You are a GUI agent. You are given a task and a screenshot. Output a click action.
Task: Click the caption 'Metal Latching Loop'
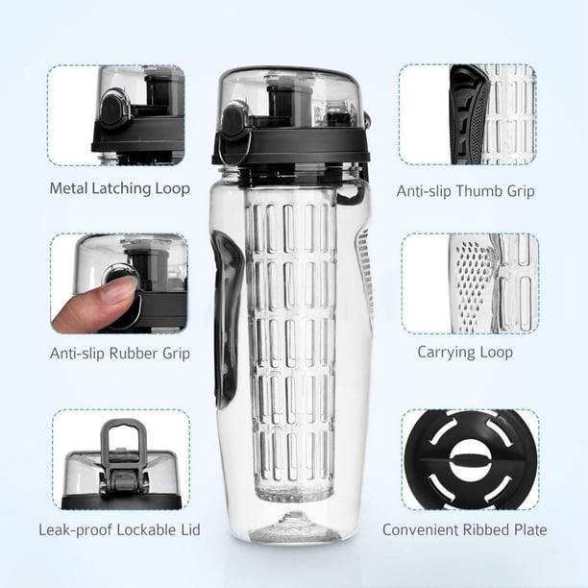click(120, 188)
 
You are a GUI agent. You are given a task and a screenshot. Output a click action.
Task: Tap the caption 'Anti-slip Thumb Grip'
click(465, 191)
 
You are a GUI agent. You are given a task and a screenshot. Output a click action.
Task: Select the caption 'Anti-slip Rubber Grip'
click(120, 354)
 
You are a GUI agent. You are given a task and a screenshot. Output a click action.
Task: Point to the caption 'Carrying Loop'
click(465, 353)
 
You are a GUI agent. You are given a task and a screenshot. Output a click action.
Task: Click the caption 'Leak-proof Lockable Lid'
click(120, 530)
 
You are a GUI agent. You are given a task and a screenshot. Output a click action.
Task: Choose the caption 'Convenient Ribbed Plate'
click(465, 530)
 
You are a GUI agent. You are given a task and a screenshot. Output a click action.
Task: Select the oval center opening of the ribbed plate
click(470, 460)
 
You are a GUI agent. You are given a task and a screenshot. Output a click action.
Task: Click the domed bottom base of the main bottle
click(289, 527)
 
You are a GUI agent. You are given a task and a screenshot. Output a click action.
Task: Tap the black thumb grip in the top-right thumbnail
click(468, 114)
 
